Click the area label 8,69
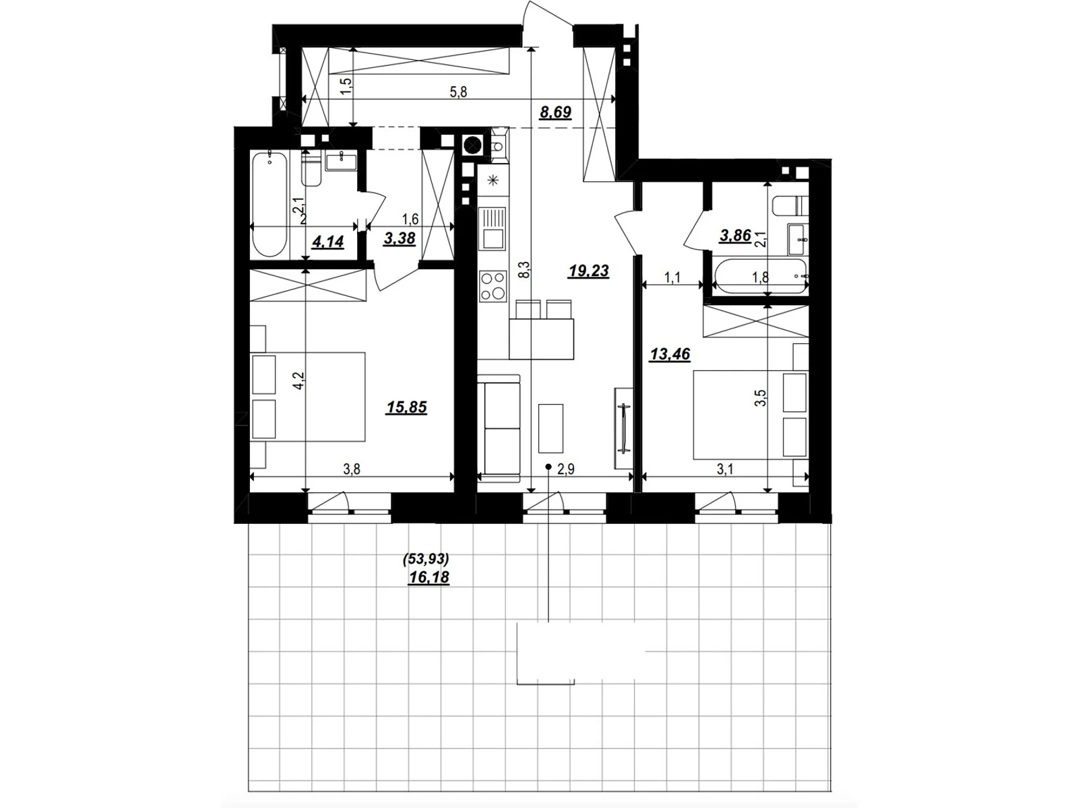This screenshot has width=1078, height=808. tap(555, 112)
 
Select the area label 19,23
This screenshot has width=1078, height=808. tap(588, 271)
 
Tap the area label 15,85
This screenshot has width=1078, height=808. tap(406, 407)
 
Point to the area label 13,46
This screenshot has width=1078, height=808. tap(670, 354)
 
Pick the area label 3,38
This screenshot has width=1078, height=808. tap(399, 238)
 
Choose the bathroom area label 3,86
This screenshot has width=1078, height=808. tap(735, 236)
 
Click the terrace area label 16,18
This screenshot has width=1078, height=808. tap(429, 577)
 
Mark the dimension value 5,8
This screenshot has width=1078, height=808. tap(458, 93)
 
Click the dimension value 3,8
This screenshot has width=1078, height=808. tap(352, 469)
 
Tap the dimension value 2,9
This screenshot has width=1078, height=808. tap(566, 469)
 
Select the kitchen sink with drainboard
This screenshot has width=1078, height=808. tap(492, 228)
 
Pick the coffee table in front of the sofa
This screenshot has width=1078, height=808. tap(550, 428)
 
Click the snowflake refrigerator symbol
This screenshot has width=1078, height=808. tap(492, 180)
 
